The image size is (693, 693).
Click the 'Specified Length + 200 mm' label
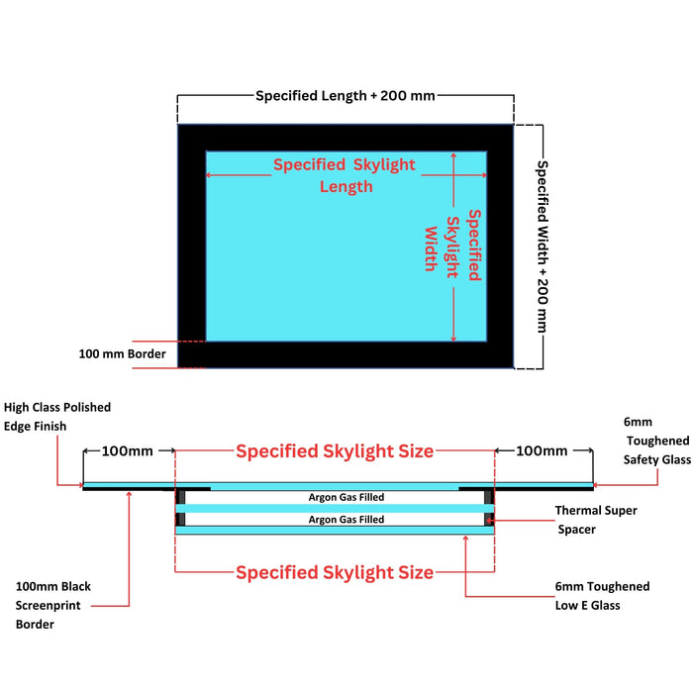pos(346,96)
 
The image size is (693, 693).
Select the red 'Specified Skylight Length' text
pos(345,175)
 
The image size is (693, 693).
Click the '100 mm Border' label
pos(123,353)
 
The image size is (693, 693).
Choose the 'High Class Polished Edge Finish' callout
pos(57,417)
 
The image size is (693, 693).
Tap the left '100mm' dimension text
pos(128,451)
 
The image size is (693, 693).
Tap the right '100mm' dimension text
pos(542,451)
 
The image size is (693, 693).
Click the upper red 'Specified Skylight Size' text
pos(334,451)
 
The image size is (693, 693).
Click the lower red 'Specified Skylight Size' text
pos(334,572)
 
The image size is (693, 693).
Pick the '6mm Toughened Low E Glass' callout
pos(602,596)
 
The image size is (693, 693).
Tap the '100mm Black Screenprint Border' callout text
pos(53,605)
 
